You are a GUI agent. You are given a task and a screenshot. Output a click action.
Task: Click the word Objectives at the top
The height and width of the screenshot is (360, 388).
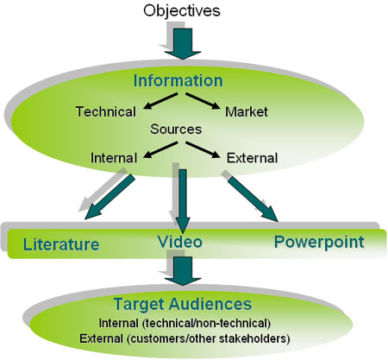182,11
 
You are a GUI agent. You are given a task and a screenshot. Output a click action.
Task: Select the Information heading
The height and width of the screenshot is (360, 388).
178,80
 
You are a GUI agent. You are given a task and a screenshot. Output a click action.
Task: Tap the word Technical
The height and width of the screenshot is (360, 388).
106,111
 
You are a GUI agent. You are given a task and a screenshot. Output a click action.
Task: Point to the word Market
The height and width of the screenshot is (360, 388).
247,111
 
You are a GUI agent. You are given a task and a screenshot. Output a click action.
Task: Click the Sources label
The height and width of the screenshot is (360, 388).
176,129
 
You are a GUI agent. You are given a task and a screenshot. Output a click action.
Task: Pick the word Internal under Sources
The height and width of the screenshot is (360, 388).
114,158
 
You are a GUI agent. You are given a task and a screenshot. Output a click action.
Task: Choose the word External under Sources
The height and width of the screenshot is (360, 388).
252,158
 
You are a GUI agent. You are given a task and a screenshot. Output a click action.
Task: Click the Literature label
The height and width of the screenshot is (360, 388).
61,244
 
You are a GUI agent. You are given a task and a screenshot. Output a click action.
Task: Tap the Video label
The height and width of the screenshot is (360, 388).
180,242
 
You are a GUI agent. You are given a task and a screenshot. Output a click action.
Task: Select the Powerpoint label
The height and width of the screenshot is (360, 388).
319,243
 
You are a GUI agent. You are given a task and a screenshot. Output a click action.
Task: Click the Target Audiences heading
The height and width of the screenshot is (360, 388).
183,304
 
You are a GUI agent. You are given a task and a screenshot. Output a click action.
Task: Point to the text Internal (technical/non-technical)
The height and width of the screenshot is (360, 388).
185,323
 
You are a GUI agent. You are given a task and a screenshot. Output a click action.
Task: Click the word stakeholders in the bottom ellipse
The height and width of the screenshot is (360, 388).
254,338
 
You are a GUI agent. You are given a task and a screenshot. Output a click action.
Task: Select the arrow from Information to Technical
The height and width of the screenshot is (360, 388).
160,101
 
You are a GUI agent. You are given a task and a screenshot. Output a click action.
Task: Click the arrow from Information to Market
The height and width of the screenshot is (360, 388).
203,101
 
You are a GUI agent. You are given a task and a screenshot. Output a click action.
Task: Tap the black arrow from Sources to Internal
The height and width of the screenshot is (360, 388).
160,149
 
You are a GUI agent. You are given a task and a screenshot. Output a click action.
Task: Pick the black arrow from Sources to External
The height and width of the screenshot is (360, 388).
203,149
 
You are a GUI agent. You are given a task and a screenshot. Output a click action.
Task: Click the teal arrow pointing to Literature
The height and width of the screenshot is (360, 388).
110,196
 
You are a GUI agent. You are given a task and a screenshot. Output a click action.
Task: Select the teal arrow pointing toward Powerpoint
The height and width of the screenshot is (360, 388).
253,198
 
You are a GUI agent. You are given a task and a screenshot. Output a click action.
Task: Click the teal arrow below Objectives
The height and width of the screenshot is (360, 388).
183,44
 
